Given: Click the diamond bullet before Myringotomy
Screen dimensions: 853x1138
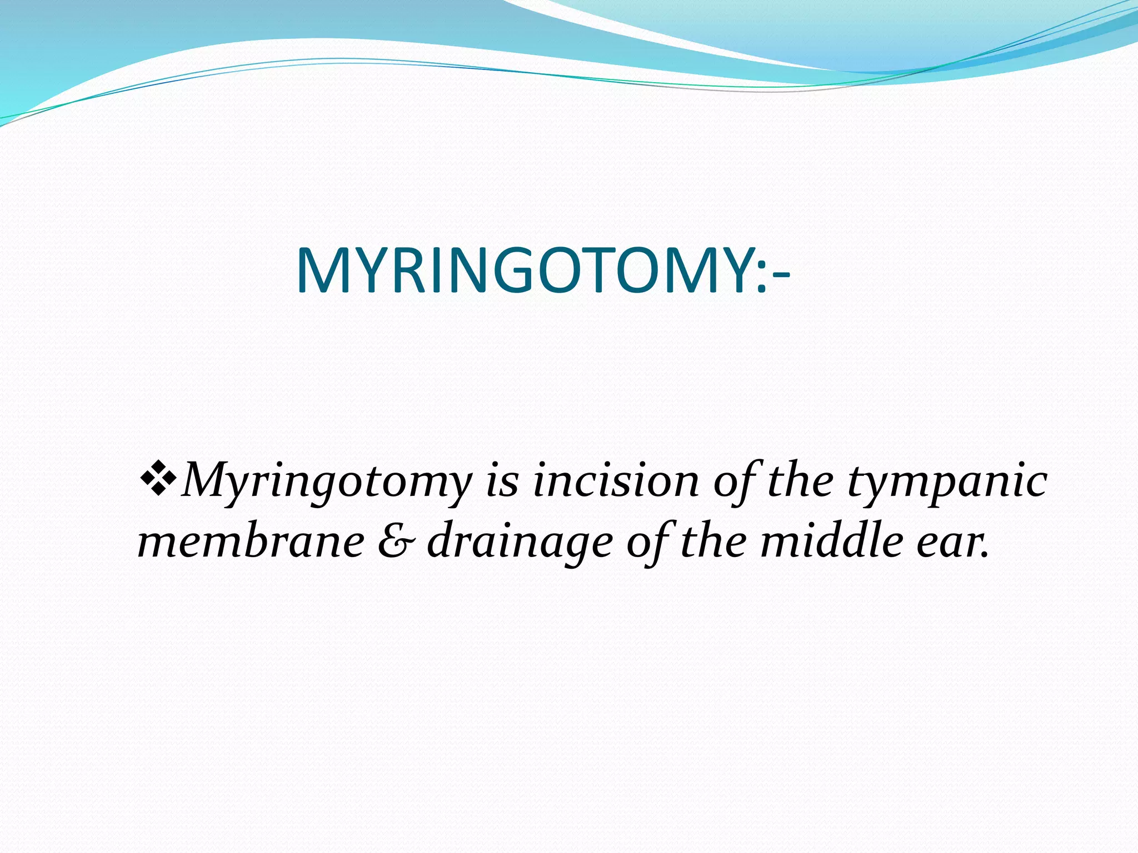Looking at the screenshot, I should coord(158,480).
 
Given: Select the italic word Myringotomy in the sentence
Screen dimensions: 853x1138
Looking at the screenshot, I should coord(327,482).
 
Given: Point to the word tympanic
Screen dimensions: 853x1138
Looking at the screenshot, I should coord(947,482).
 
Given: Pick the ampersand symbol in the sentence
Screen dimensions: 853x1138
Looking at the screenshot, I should coord(396,542).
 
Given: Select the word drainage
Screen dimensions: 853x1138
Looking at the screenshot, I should coord(520,543).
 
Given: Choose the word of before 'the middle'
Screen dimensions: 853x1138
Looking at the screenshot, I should coord(647,542).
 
